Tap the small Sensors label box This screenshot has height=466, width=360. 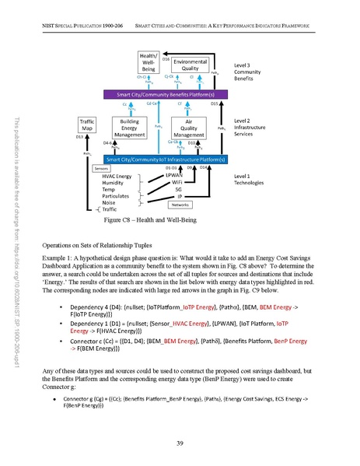101,168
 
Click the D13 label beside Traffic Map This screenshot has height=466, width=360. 79,137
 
